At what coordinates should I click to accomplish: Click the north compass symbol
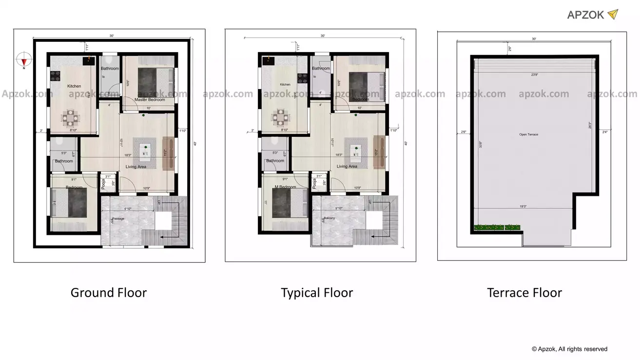(24, 60)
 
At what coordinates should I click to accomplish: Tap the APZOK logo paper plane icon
(613, 15)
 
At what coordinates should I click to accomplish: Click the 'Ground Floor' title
(108, 293)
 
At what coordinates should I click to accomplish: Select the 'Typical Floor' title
(317, 293)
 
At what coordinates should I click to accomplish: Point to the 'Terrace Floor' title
(524, 293)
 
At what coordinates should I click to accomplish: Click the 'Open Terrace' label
(528, 134)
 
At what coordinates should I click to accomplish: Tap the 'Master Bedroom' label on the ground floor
(149, 100)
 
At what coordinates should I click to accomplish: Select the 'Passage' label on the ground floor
(119, 219)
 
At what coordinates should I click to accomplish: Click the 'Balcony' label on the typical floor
(329, 218)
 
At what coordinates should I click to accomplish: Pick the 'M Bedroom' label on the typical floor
(285, 187)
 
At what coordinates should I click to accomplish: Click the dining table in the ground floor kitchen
(71, 117)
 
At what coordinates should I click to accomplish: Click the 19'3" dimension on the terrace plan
(523, 207)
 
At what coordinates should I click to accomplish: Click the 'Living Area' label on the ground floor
(136, 167)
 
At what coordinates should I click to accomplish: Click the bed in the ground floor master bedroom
(148, 78)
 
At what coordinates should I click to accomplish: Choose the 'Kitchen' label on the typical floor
(285, 85)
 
